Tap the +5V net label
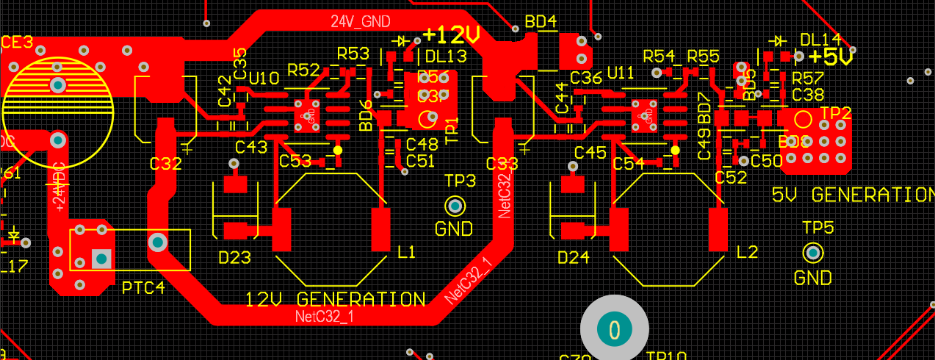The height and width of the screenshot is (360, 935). [x=833, y=56]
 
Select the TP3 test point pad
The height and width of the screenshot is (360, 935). [x=455, y=205]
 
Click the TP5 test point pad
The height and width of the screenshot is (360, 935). [x=812, y=253]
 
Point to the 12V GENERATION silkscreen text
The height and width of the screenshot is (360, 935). [x=335, y=300]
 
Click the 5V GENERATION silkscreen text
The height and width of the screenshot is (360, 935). [x=853, y=195]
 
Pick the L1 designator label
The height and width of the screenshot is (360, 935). [x=406, y=252]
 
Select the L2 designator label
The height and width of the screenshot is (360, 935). [x=747, y=252]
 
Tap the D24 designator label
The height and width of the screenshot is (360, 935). [x=574, y=257]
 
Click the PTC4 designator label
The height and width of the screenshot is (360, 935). [x=143, y=287]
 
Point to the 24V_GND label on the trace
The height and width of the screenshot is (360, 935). [x=360, y=21]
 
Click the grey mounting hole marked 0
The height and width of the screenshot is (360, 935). [x=615, y=329]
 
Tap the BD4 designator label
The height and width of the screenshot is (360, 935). [x=541, y=21]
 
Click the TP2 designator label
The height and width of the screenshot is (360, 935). [x=836, y=113]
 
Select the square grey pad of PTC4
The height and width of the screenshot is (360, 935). [x=100, y=258]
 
